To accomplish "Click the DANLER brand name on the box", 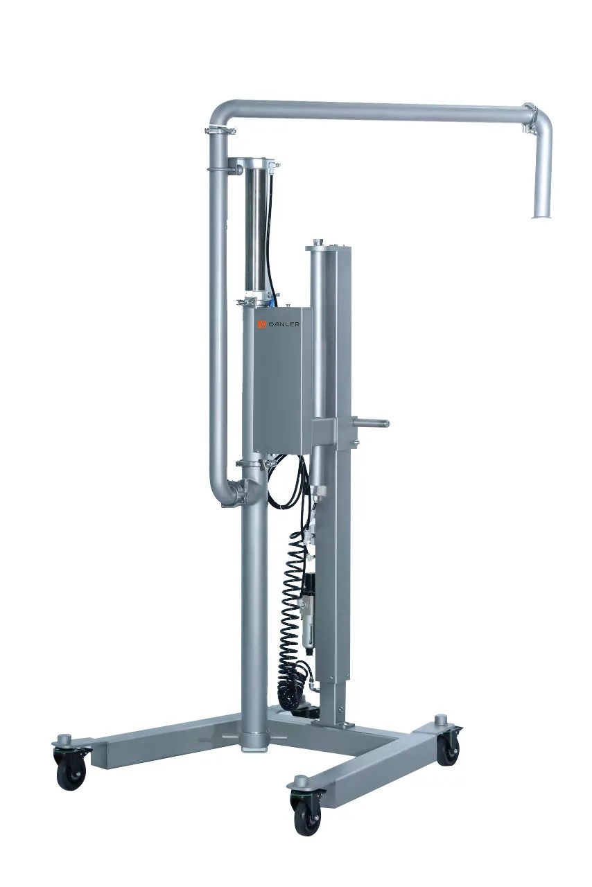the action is point(284,324).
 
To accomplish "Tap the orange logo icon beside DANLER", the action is point(262,324).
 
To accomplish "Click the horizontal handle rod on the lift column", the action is point(369,423).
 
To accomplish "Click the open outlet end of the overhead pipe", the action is point(541,216).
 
